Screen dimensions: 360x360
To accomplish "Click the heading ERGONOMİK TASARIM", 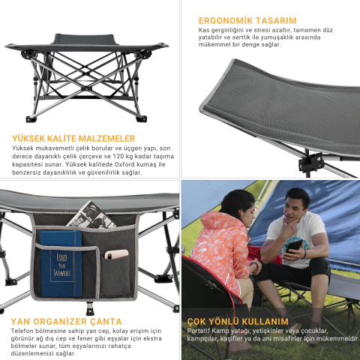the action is click(x=247, y=20).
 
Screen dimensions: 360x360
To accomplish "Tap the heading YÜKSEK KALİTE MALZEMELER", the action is click(x=73, y=139).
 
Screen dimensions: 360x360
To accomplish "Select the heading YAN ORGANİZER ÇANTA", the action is click(x=66, y=321).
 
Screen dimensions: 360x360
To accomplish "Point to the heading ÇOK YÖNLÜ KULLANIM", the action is click(x=238, y=321).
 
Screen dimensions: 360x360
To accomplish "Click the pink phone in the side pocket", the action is click(x=116, y=254).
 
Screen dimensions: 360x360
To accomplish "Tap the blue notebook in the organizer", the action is click(x=61, y=264).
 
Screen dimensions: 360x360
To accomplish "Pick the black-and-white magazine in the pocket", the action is click(x=92, y=215).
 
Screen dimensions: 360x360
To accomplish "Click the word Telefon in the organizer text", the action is click(x=22, y=331).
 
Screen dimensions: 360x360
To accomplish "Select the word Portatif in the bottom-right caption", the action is click(x=199, y=331).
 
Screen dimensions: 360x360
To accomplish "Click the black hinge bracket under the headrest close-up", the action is click(x=311, y=163).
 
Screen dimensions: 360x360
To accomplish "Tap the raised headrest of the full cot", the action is click(x=85, y=39).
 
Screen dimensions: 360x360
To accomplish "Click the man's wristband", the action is click(x=304, y=254).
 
